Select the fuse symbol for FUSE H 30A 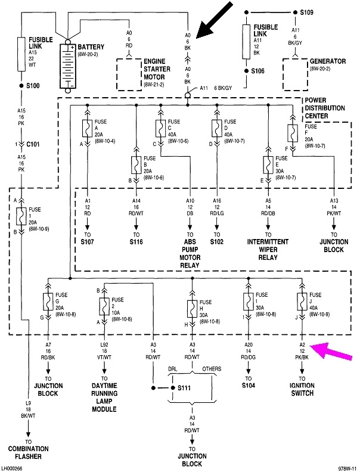191,309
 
